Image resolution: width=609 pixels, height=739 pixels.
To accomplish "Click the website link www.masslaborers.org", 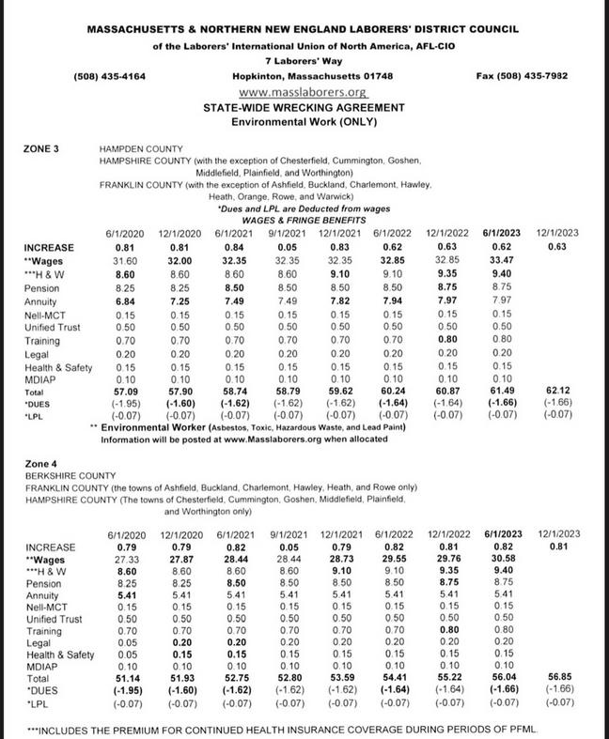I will click(303, 92).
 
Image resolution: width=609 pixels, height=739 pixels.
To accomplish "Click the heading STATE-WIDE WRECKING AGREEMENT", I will click(303, 109).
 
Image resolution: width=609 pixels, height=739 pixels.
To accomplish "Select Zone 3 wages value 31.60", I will click(123, 259).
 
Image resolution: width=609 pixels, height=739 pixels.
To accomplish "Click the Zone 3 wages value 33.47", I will click(501, 259).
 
